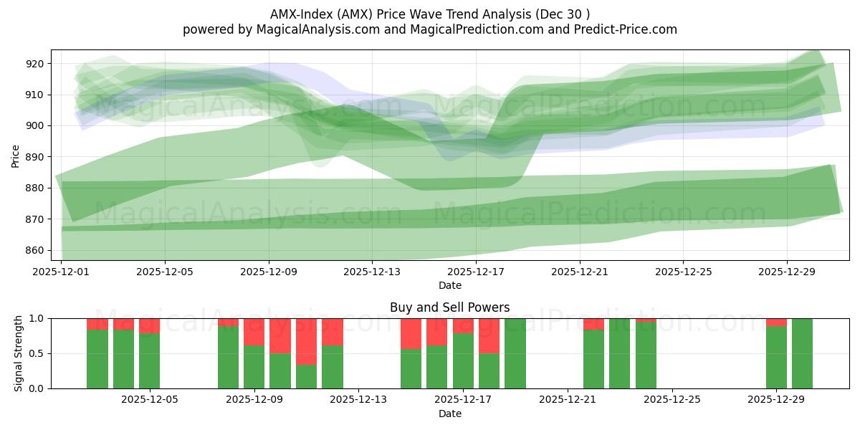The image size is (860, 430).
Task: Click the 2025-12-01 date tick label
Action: tap(62, 272)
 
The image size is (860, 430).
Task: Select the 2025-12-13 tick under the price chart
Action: tap(373, 272)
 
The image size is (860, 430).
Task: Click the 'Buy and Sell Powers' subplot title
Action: tap(449, 307)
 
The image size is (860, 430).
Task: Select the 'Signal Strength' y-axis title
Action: tap(19, 353)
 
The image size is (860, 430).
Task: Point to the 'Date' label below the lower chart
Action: tap(449, 414)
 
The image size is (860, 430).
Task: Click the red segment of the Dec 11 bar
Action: tap(306, 341)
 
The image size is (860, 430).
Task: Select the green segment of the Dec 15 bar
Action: tap(411, 368)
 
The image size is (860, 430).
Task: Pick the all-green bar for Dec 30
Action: tap(802, 353)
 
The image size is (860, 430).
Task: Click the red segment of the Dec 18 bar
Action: tap(489, 335)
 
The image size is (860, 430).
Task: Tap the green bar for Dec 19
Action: tap(515, 353)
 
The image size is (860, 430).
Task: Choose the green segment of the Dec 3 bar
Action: tap(97, 358)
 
